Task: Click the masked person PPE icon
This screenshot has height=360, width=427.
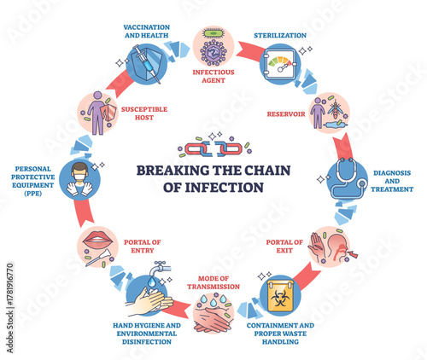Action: click(78, 177)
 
